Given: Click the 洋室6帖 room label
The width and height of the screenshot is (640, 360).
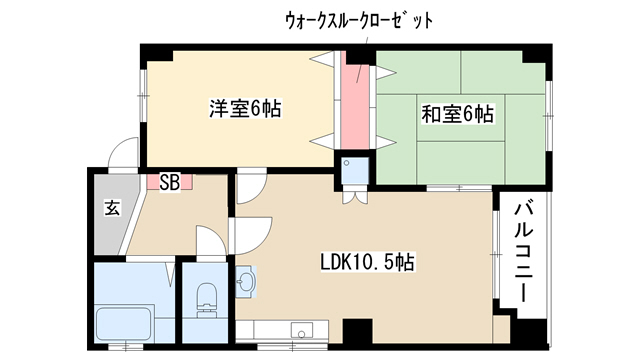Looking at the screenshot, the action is click(x=245, y=109).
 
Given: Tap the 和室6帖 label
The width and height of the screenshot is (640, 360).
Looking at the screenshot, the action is click(x=457, y=114).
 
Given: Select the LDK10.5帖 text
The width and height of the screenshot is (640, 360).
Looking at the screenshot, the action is click(x=367, y=262).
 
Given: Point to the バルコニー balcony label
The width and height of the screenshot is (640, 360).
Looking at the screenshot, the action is click(x=523, y=253).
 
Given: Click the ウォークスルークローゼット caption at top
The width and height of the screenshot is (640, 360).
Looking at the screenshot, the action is click(x=359, y=20).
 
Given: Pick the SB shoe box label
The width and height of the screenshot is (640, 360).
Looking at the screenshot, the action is click(x=169, y=182).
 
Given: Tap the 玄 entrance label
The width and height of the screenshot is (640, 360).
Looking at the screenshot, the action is click(x=112, y=208).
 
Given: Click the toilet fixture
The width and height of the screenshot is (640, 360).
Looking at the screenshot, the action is click(x=206, y=300).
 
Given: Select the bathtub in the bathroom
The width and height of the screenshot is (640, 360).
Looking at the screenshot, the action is click(x=124, y=324).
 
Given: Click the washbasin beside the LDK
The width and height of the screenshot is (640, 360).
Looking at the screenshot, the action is click(x=246, y=281).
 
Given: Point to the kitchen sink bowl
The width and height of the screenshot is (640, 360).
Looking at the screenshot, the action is click(x=301, y=330).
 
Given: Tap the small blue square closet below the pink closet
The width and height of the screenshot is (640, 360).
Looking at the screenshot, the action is click(x=355, y=171).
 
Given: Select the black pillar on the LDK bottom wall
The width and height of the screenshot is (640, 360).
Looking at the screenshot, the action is click(x=357, y=332).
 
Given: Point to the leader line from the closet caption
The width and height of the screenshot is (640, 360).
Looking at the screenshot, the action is click(x=362, y=60).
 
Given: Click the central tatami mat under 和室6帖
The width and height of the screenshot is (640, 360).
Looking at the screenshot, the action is click(x=460, y=118).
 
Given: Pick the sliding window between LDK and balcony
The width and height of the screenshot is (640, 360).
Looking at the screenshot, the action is click(x=496, y=254).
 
